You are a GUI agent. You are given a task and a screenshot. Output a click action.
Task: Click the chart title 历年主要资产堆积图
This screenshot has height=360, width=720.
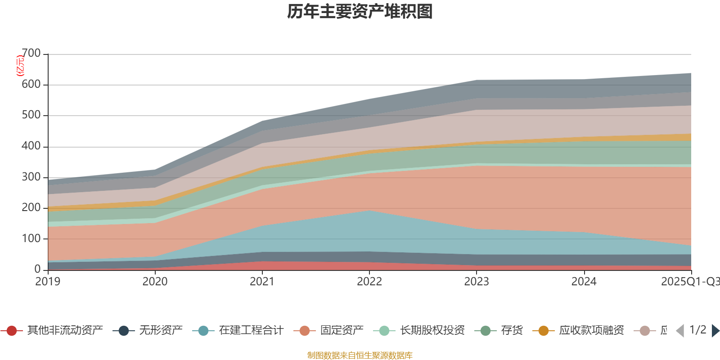tap(360, 12)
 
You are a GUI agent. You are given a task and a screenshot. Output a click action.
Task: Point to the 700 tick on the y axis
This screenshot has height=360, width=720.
tap(31, 54)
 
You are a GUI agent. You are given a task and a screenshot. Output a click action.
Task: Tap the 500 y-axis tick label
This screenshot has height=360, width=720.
tap(31, 115)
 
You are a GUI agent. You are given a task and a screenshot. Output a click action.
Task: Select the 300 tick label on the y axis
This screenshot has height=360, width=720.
tap(31, 177)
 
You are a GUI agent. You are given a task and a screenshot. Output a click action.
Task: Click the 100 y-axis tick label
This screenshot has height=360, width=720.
tap(31, 238)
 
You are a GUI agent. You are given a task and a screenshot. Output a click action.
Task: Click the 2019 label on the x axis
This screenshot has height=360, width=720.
tap(48, 282)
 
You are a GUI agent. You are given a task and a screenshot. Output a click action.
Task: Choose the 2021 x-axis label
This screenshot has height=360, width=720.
tap(262, 282)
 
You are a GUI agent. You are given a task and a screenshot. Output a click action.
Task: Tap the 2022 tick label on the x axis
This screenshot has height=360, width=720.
tap(369, 282)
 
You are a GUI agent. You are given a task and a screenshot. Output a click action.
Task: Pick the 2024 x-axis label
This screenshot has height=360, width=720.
tap(584, 282)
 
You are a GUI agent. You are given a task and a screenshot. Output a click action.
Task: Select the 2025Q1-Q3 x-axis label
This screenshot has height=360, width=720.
tap(689, 282)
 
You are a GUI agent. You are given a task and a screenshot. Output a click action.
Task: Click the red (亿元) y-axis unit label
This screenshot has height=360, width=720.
tap(20, 66)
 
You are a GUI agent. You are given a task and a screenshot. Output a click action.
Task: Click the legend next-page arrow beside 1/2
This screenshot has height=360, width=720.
tap(715, 331)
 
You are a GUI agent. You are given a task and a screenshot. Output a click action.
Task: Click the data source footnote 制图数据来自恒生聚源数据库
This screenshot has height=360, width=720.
tap(360, 355)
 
